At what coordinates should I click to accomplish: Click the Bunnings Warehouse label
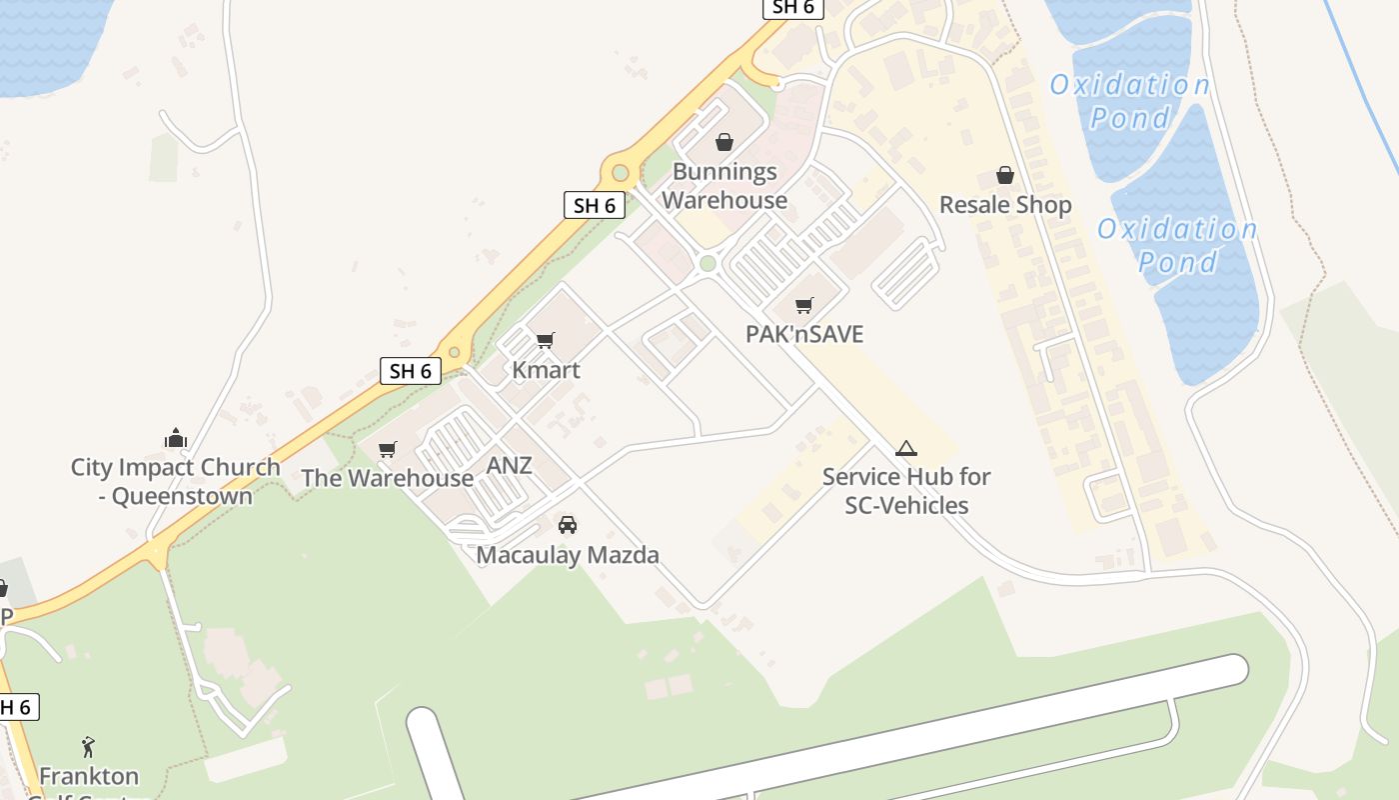tap(724, 186)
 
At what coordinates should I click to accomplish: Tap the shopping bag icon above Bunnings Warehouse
tap(724, 143)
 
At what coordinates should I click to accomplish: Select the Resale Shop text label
tap(1005, 205)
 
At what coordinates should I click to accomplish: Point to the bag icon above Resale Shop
tap(1005, 176)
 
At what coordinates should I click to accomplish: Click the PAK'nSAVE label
tap(804, 334)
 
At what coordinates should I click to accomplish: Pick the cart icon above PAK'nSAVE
tap(804, 305)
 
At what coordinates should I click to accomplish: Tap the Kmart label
tap(546, 370)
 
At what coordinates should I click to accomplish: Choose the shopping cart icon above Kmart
tap(546, 341)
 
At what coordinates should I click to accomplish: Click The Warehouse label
tap(388, 478)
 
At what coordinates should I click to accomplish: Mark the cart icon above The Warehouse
tap(388, 449)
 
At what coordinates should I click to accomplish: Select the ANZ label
tap(509, 465)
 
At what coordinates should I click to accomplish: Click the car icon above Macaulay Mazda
tap(568, 524)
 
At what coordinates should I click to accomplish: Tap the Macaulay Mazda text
tap(568, 554)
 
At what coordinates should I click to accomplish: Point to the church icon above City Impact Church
tap(176, 438)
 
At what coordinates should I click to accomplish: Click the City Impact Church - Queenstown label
tap(176, 481)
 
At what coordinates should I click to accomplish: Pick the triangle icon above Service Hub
tap(906, 448)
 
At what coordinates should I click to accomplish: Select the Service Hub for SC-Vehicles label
tap(906, 491)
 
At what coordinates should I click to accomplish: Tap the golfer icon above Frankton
tap(89, 746)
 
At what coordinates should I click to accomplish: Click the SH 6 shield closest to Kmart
tap(411, 371)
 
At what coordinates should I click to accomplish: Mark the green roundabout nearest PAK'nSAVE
tap(707, 263)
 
